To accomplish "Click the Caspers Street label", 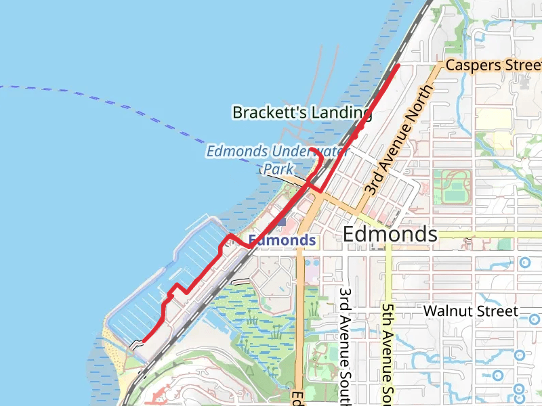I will click(493, 65).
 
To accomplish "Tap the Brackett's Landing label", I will click(301, 112).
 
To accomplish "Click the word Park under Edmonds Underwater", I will click(280, 168).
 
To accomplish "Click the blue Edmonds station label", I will click(282, 240).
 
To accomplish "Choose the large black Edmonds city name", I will click(390, 234).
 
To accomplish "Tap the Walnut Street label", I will click(471, 311).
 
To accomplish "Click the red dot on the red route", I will click(355, 136).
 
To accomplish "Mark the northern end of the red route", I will click(397, 66).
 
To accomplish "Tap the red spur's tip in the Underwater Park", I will click(310, 148).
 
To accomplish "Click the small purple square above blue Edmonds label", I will click(280, 221).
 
